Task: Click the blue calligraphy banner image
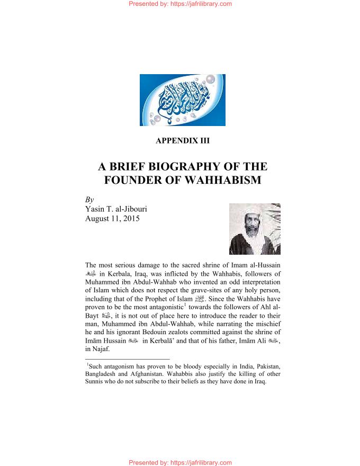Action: tap(182, 100)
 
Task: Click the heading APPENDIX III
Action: tap(183, 141)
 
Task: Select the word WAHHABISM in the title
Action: tap(223, 180)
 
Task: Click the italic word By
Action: tap(89, 200)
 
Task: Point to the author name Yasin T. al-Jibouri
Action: tap(116, 209)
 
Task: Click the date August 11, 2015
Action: tap(112, 218)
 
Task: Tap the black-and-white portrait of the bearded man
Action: tap(255, 229)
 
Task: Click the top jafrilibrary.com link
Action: tap(180, 4)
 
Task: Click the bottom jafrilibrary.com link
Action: tap(180, 462)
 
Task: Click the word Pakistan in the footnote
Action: tap(264, 366)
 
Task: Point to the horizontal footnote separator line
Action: tap(127, 360)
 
